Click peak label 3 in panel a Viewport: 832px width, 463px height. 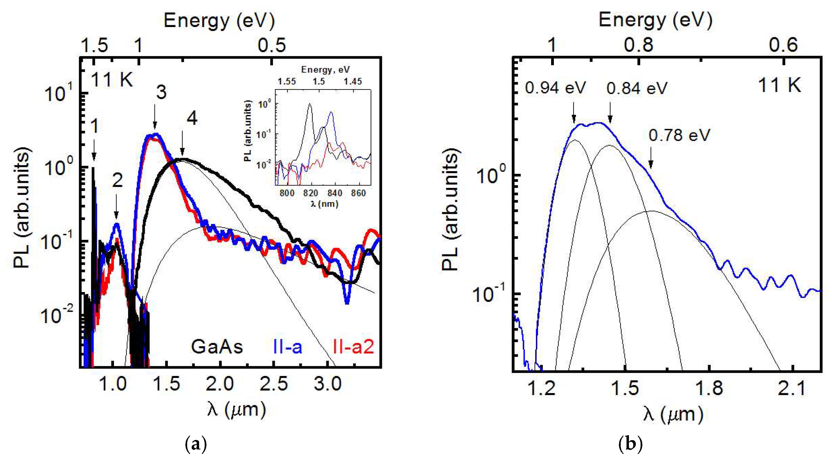pyautogui.click(x=161, y=92)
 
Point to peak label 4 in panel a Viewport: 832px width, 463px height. pyautogui.click(x=192, y=119)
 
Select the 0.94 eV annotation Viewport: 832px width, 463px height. pyautogui.click(x=555, y=88)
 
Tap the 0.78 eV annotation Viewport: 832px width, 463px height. pyautogui.click(x=679, y=135)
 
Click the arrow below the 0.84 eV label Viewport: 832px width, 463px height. pyautogui.click(x=610, y=113)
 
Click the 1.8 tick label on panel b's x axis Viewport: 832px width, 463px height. pyautogui.click(x=709, y=388)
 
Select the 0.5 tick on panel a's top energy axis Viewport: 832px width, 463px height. pyautogui.click(x=272, y=45)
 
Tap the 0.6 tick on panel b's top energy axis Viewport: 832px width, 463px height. pyautogui.click(x=783, y=45)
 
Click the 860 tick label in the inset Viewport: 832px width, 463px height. pyautogui.click(x=358, y=193)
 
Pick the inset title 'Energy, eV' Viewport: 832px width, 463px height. pyautogui.click(x=325, y=70)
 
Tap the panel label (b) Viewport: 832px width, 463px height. pyautogui.click(x=630, y=445)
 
